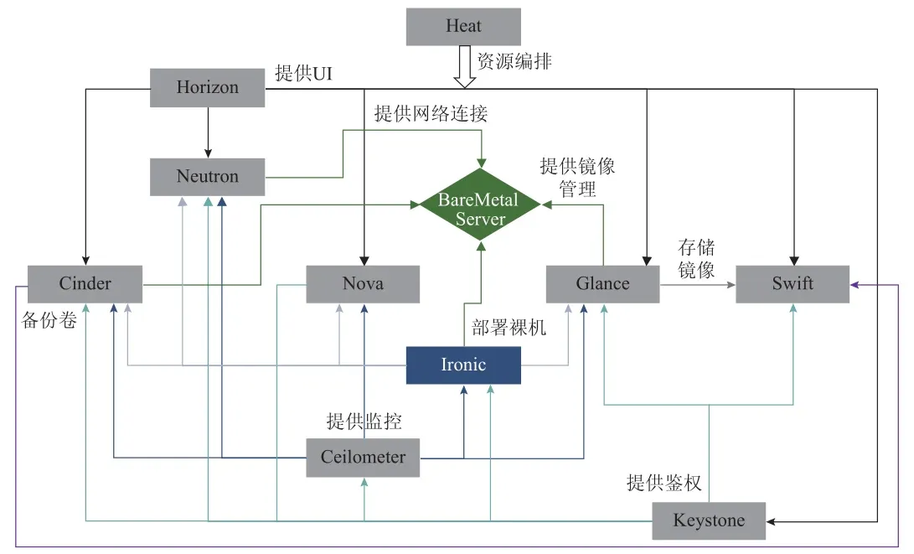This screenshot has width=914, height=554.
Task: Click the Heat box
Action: (463, 26)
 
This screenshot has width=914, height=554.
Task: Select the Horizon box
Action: (207, 87)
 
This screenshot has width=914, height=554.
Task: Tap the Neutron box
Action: (207, 177)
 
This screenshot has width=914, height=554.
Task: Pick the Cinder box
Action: (85, 283)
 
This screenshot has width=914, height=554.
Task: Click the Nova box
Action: (363, 283)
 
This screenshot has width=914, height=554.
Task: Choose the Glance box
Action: (602, 283)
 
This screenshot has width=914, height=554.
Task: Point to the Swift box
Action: (793, 283)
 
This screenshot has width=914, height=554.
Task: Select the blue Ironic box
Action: (463, 365)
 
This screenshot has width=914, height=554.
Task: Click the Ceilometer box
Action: (363, 458)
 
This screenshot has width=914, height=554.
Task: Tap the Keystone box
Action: (709, 520)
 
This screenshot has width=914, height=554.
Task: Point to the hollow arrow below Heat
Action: (463, 67)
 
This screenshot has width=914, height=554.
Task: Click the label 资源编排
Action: (514, 60)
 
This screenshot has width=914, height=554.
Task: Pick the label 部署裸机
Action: (509, 328)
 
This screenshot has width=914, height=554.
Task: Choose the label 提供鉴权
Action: (664, 483)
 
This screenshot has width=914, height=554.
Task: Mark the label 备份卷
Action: (49, 321)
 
